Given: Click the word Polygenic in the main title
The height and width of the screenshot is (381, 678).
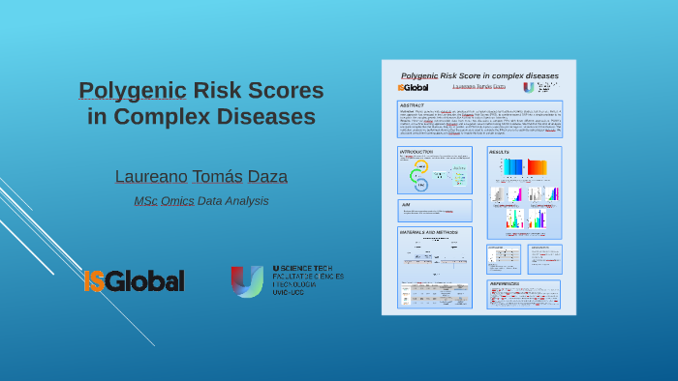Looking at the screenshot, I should (x=132, y=91).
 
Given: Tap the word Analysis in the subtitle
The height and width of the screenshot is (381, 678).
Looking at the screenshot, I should (x=246, y=200).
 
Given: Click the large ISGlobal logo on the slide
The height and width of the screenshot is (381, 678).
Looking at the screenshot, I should (x=134, y=280).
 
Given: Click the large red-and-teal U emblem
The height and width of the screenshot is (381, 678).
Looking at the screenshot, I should (x=247, y=280).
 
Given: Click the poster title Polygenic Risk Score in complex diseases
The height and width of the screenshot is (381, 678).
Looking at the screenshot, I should (x=479, y=74).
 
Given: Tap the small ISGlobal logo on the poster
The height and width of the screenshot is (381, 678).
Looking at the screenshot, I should (x=413, y=87).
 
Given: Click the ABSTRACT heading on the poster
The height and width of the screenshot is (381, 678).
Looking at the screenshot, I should (x=413, y=105).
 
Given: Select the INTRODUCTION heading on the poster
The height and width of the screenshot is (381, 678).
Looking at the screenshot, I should (x=416, y=152).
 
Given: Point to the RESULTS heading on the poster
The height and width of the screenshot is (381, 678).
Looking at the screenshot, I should (x=500, y=152).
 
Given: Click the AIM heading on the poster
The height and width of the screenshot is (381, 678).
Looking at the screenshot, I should (x=406, y=204).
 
